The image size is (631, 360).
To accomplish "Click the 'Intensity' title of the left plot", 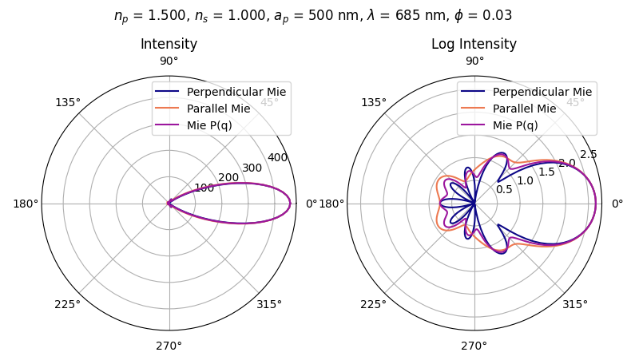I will click(169, 45).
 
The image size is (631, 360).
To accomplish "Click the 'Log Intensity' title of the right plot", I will click(474, 45).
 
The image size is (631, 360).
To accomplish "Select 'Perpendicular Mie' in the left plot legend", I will click(231, 92).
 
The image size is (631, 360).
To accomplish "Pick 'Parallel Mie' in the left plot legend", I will click(212, 109).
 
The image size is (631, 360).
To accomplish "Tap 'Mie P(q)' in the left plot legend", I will click(204, 125).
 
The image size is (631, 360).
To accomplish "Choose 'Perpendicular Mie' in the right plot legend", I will click(537, 92).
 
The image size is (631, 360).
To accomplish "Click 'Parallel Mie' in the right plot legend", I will click(518, 109).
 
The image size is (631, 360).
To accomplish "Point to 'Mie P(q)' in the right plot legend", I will click(510, 125).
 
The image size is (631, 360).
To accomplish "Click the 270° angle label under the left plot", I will click(169, 346).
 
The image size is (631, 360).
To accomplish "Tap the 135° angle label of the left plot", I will click(68, 102).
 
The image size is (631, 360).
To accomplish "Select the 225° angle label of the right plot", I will click(373, 304).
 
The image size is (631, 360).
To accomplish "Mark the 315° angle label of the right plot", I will click(575, 304).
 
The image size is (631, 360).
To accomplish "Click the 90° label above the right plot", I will click(474, 61).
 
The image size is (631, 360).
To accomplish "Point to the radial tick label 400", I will click(277, 158).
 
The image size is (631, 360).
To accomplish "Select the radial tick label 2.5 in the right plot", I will click(588, 154).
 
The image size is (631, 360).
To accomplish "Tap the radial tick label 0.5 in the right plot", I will click(504, 189).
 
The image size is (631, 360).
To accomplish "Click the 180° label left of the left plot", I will click(26, 204).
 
